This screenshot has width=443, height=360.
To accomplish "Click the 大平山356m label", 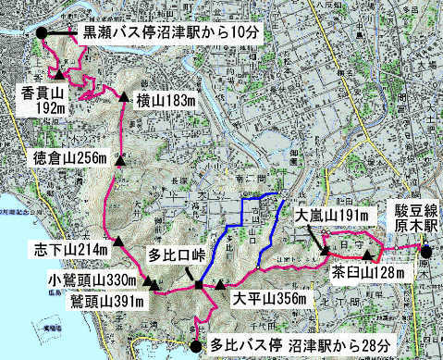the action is pos(269,299).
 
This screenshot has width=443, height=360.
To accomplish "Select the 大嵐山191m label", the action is pos(332,216).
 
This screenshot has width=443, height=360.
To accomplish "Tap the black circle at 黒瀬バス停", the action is pos(43,33).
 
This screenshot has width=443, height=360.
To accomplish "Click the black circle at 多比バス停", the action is pos(195,345).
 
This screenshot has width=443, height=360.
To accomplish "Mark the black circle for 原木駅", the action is pos(426,251).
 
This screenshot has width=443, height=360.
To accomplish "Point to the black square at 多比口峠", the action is pos(199,283).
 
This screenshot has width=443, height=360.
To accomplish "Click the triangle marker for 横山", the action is pos(121,96).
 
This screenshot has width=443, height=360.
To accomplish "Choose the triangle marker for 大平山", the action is pos(220,284).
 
